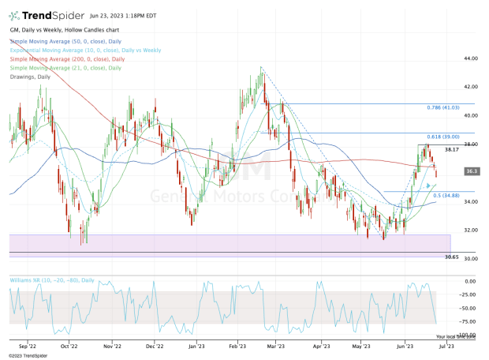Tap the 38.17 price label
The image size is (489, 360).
(x=452, y=149)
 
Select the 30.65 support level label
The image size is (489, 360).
(x=452, y=257)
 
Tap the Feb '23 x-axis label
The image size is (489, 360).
(x=241, y=345)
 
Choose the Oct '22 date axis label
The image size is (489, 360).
(x=69, y=345)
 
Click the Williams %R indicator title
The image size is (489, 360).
(x=53, y=279)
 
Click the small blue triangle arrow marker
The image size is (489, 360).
(x=429, y=186)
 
